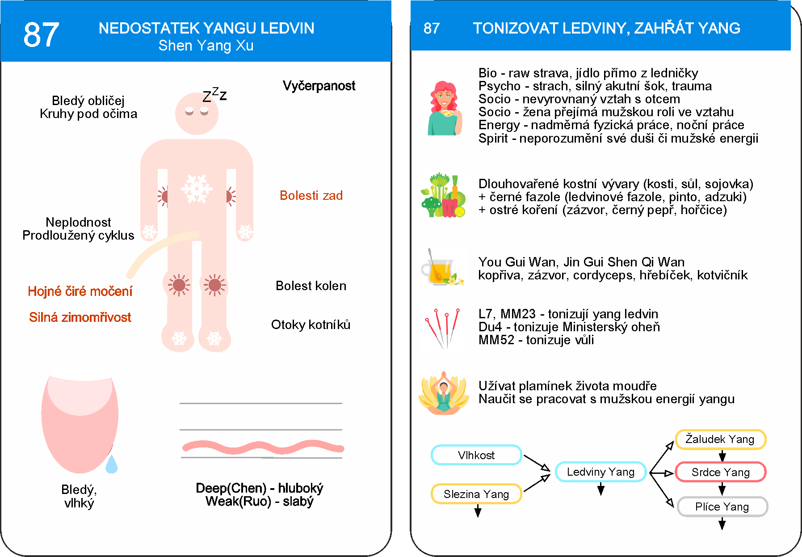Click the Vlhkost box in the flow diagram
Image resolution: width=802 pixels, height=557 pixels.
tap(476, 455)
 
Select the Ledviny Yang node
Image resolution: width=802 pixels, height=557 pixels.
tap(600, 472)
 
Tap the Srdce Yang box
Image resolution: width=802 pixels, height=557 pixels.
tap(720, 472)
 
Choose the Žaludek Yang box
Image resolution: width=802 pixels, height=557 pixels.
tap(720, 439)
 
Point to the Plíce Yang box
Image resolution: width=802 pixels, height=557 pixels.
tap(722, 506)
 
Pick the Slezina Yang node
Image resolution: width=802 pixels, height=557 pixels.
tap(476, 494)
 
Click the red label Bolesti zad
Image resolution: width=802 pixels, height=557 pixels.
tap(311, 195)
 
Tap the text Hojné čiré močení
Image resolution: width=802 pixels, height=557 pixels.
tap(80, 291)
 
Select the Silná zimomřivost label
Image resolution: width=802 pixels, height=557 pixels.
tap(80, 317)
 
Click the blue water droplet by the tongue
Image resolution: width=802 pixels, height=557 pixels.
tap(111, 465)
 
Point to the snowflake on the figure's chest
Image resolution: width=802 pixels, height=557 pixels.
tap(197, 188)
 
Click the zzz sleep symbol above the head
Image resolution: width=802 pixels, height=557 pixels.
tap(214, 94)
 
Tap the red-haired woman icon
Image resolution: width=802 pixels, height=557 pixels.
tap(443, 109)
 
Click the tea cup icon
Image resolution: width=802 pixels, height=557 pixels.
tap(441, 268)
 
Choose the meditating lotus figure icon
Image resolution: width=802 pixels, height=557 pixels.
tap(444, 393)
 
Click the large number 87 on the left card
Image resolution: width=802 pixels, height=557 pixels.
tap(41, 35)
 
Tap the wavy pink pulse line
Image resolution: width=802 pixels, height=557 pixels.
tap(263, 447)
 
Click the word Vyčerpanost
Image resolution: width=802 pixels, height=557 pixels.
tap(319, 85)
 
